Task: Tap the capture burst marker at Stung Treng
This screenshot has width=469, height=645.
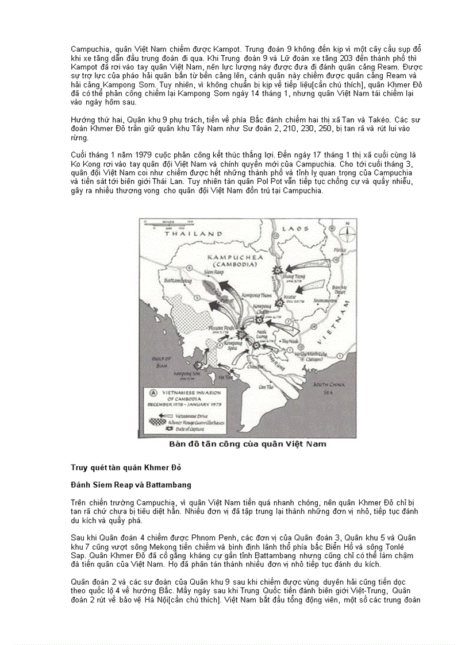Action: tap(279, 269)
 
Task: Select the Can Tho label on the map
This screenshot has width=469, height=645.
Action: tap(266, 387)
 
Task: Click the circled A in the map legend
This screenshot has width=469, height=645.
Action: tap(153, 393)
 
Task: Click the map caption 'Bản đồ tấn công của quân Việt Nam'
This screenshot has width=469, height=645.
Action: tap(247, 443)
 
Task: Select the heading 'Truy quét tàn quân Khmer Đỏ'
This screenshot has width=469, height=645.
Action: tap(117, 466)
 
